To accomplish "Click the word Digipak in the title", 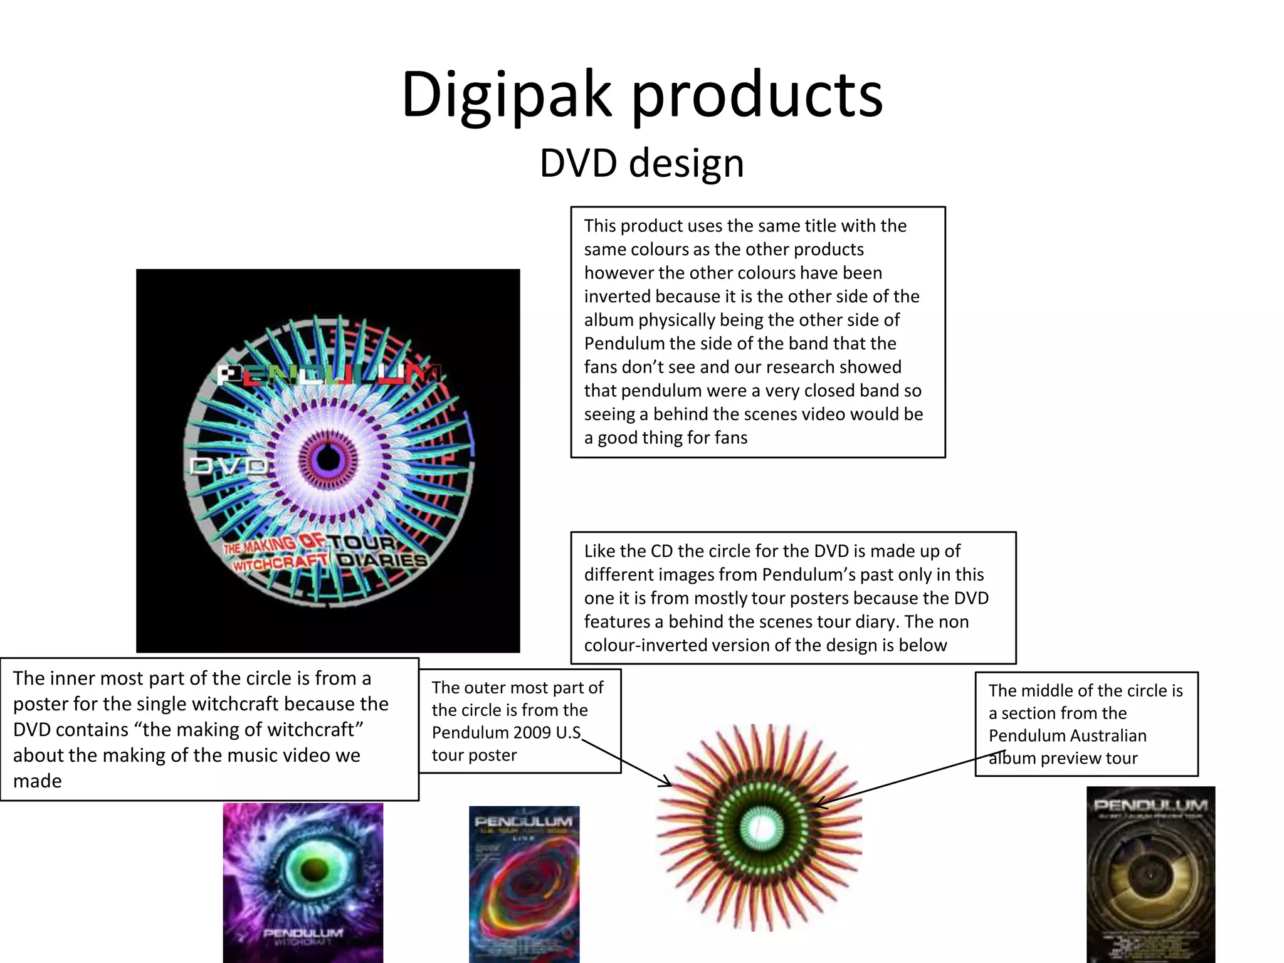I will tap(505, 95).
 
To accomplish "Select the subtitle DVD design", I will tap(641, 163).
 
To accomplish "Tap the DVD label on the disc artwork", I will tap(228, 466).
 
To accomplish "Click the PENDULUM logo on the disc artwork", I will tap(329, 374).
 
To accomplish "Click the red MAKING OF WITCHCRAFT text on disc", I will tap(276, 552).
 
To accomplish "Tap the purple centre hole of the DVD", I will tap(327, 458).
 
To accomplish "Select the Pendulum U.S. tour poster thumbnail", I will tap(524, 884).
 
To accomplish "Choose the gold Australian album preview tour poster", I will tap(1150, 875).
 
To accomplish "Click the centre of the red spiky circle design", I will tap(760, 828).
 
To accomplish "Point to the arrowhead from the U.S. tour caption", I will tap(668, 784).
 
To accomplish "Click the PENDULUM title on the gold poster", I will tap(1150, 805).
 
